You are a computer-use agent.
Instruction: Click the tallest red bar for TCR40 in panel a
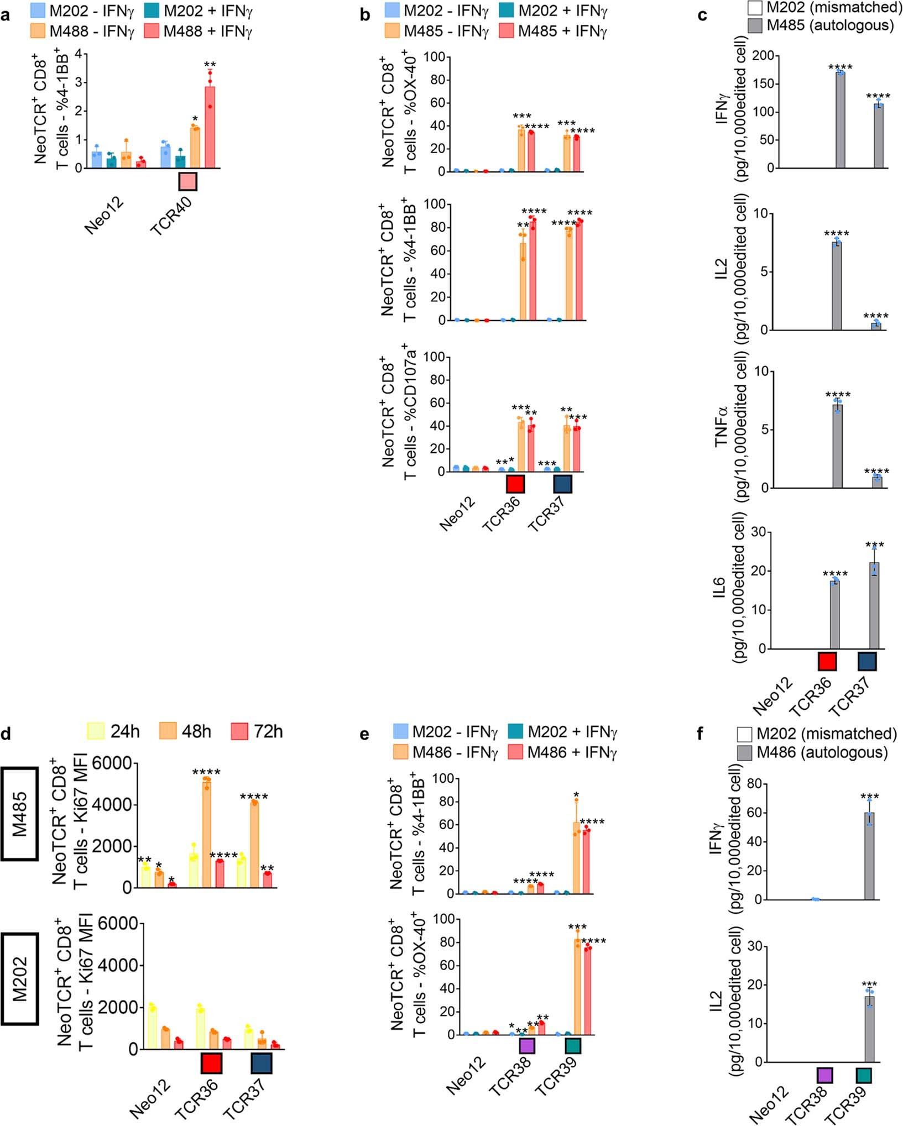[x=210, y=127]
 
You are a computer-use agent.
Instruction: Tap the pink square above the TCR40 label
[x=187, y=181]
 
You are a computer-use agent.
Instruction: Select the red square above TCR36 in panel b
[x=515, y=484]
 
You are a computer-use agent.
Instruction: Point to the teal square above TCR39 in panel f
[x=864, y=1076]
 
